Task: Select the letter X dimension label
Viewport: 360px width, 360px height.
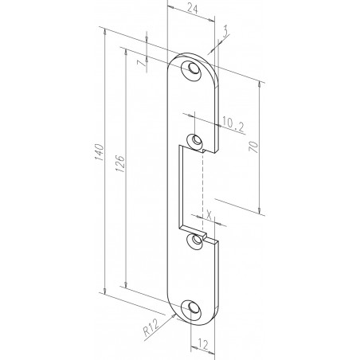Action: (209, 214)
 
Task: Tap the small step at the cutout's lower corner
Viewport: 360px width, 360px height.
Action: (202, 235)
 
